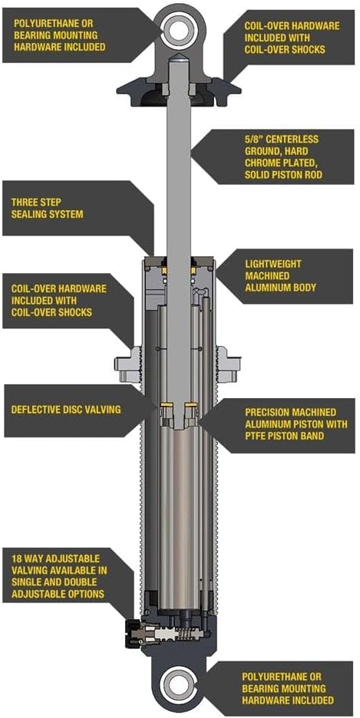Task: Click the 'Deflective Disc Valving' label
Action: click(66, 410)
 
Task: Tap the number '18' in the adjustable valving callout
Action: click(17, 559)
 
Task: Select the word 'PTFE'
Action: click(257, 436)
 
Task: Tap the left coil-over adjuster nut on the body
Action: click(127, 364)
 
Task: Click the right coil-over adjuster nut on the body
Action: click(229, 364)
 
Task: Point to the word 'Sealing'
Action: click(29, 214)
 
